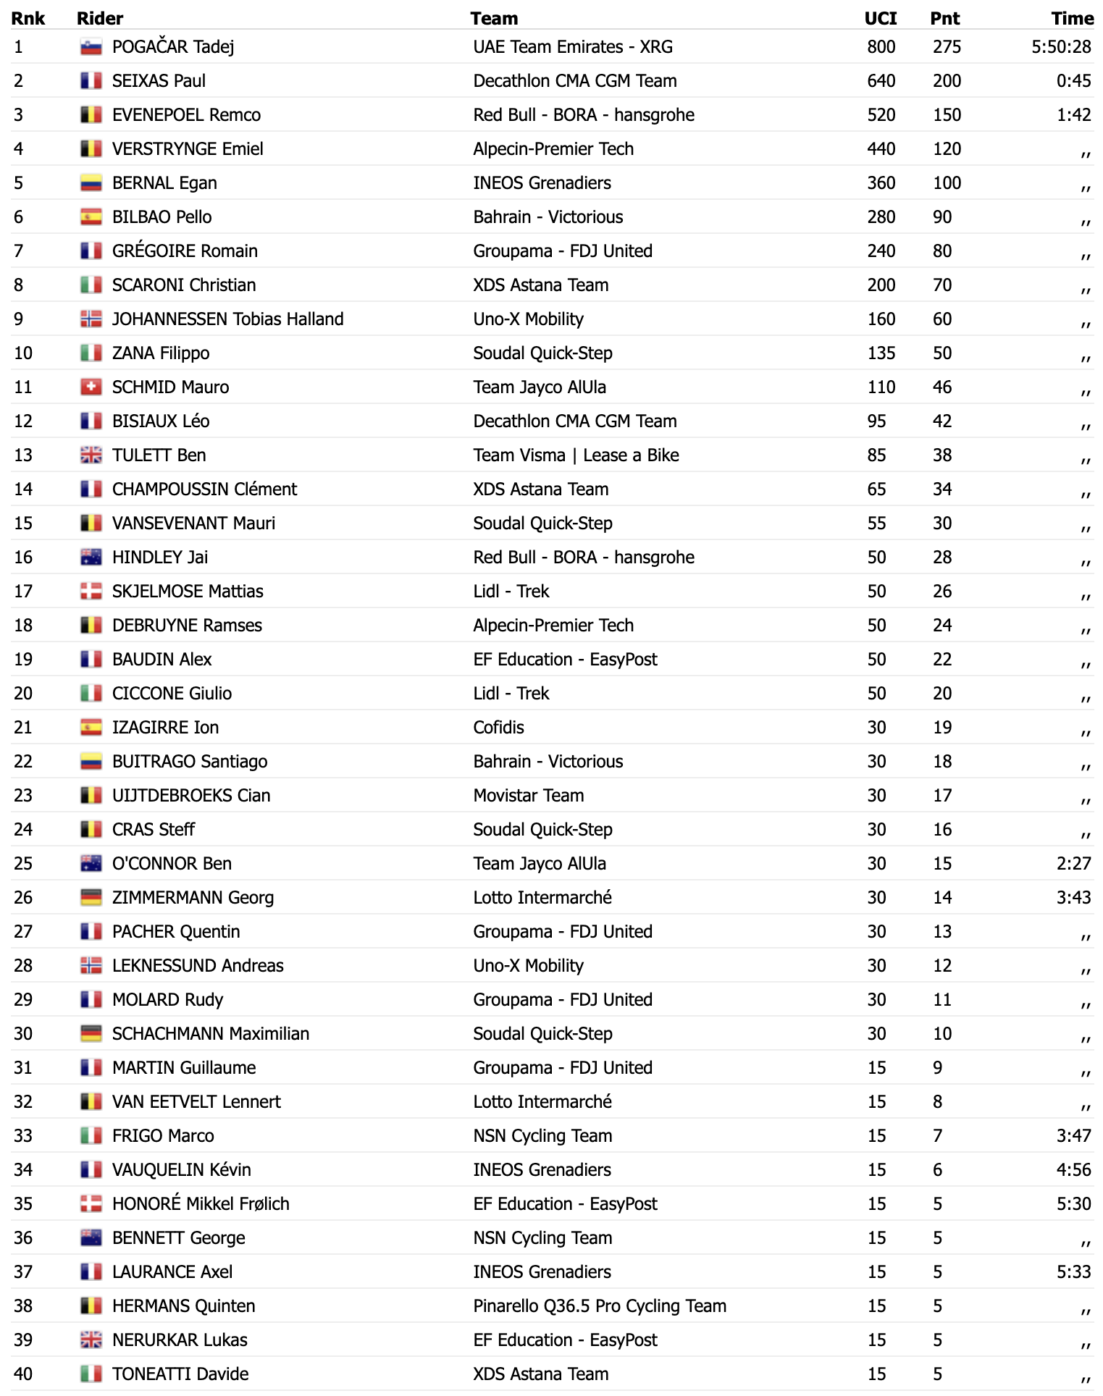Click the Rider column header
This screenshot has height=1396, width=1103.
click(100, 18)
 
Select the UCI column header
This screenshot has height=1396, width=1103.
click(880, 18)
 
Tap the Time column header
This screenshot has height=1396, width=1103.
click(1072, 18)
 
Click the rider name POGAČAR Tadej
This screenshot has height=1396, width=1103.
click(173, 47)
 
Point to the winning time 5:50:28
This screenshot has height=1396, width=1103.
click(1061, 47)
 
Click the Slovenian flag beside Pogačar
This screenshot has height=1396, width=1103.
click(91, 47)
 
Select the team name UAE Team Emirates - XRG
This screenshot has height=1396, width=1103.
click(573, 47)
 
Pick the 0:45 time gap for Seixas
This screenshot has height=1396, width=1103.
click(1073, 81)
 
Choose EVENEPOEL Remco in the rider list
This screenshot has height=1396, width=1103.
click(186, 115)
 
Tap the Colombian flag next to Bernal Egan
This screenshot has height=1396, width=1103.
click(91, 183)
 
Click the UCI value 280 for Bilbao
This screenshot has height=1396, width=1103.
click(881, 217)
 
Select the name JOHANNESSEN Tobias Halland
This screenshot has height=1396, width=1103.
click(227, 319)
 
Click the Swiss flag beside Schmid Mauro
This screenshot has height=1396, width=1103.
click(91, 387)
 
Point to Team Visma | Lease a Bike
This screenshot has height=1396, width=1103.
click(576, 455)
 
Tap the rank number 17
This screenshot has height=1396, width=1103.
click(23, 592)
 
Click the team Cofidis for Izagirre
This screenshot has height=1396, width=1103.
click(498, 728)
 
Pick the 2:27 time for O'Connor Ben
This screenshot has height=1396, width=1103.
click(1073, 864)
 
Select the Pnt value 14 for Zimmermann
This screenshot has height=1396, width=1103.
click(942, 898)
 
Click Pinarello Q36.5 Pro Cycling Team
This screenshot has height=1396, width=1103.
click(600, 1306)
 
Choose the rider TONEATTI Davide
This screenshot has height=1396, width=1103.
click(180, 1374)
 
